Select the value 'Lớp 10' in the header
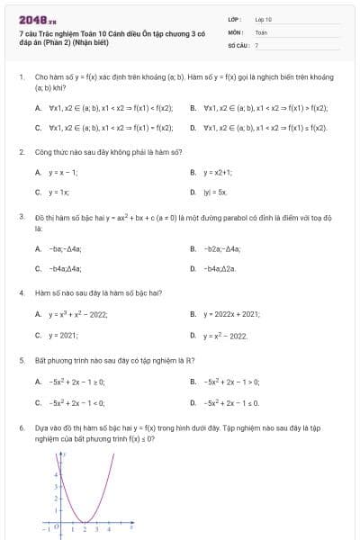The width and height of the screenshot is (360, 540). [x=263, y=18]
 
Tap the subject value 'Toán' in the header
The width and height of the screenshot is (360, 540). [x=261, y=31]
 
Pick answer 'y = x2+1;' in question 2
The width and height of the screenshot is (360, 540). [x=219, y=172]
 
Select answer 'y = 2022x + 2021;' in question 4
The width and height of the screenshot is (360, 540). [x=232, y=314]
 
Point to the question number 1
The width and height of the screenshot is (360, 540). [x=21, y=77]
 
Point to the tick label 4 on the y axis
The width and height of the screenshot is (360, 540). [x=57, y=473]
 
